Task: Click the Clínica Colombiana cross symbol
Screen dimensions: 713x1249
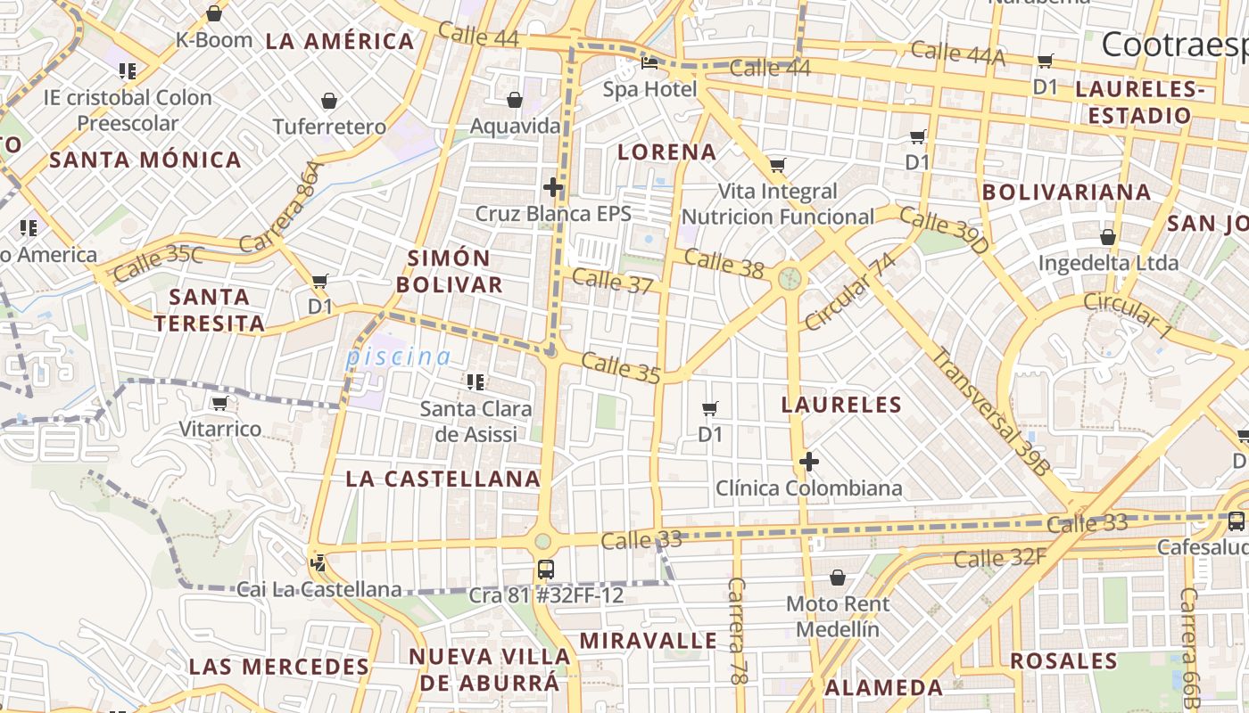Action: (809, 462)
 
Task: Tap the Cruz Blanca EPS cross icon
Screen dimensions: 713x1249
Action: (553, 187)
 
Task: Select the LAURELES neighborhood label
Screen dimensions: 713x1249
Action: (841, 406)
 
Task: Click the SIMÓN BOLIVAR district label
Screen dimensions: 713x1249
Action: (450, 272)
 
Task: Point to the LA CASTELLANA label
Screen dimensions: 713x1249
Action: (443, 479)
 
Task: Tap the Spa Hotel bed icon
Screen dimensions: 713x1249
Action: (649, 63)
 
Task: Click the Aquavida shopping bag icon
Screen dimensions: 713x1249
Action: (514, 100)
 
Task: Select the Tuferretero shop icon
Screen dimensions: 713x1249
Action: (329, 101)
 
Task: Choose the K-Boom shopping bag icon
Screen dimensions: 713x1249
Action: (214, 13)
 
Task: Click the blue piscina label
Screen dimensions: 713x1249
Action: (398, 357)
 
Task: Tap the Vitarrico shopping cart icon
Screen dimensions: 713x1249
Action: (219, 404)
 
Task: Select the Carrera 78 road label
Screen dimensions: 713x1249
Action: (737, 631)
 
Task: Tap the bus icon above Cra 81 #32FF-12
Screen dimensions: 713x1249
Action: (545, 569)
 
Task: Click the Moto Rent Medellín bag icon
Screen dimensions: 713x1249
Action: (837, 578)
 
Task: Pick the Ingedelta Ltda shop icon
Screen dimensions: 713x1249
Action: (1107, 237)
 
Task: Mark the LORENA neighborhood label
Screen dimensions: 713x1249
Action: (666, 152)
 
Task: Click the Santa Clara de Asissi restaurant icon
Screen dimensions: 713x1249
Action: (476, 382)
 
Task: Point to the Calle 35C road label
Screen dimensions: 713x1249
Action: (159, 262)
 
